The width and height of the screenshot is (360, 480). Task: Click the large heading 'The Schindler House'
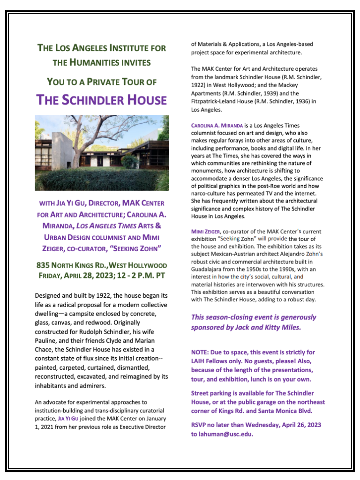[x=102, y=100]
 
